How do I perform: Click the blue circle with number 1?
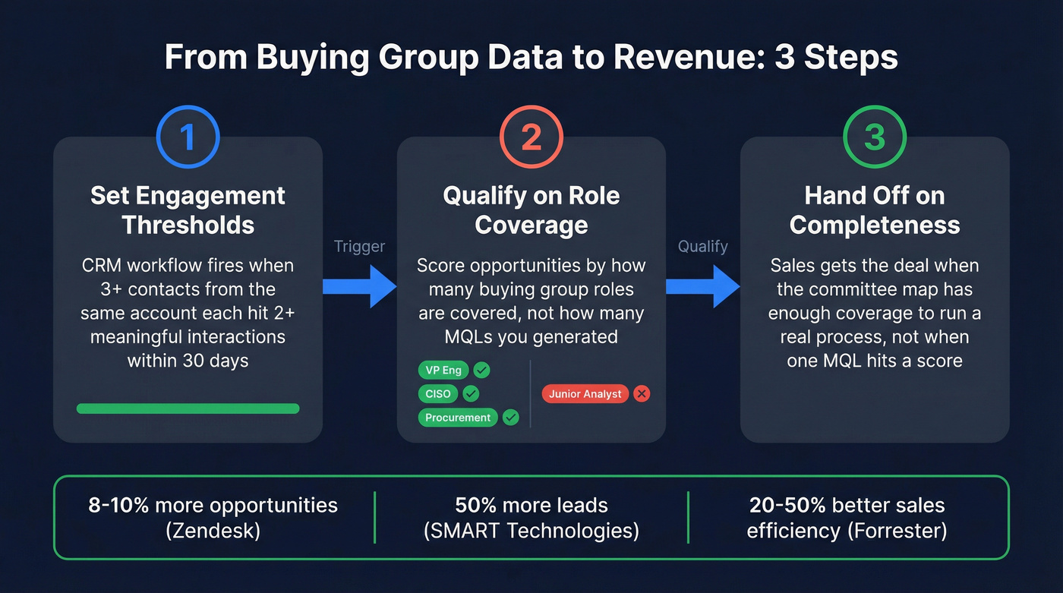188,137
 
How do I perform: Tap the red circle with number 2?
531,137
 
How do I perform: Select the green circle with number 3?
875,137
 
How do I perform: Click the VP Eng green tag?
443,371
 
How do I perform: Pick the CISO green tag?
438,394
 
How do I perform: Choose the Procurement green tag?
458,418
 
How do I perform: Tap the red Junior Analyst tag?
585,394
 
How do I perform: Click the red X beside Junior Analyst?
642,394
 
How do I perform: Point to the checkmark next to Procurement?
510,418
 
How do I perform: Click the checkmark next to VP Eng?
481,371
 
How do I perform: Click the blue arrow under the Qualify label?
702,285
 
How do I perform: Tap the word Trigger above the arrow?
359,246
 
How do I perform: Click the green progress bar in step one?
188,408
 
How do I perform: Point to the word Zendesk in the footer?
213,531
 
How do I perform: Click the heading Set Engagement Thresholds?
188,210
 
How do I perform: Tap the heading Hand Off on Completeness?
875,210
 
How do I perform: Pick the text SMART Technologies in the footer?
531,531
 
